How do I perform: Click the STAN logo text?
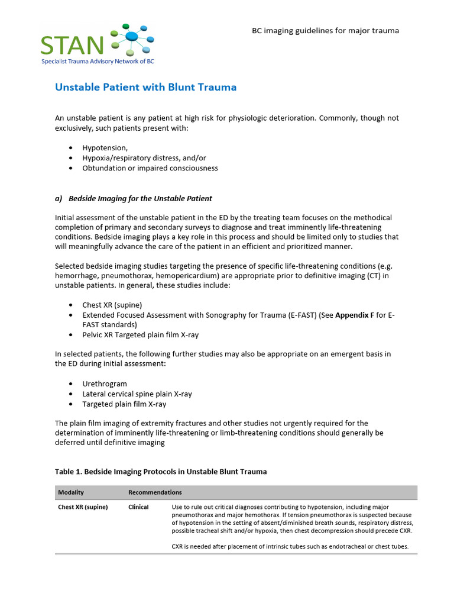(73, 44)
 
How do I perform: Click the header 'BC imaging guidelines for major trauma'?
(326, 30)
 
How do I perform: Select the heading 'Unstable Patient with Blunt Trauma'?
(145, 88)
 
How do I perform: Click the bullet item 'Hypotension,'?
(105, 148)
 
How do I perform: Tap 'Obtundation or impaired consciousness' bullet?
(150, 168)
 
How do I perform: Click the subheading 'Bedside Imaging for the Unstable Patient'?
(140, 198)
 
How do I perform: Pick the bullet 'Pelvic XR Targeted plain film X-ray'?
(140, 335)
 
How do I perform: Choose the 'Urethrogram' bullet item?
(104, 384)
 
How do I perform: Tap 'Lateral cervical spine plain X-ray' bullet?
(137, 394)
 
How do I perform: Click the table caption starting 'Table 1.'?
(161, 472)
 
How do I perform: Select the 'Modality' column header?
(71, 492)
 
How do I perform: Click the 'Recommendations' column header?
(155, 492)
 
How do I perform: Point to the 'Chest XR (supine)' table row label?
(83, 507)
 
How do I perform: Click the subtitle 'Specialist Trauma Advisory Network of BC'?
(98, 62)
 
